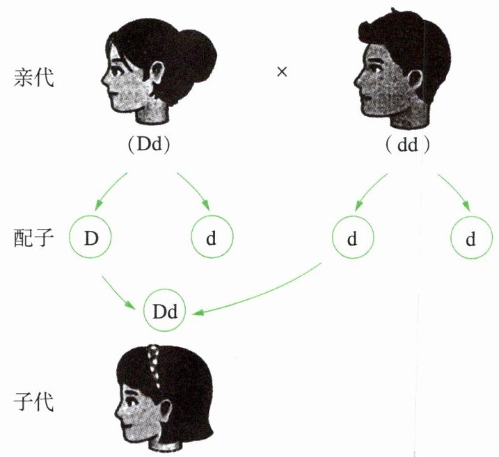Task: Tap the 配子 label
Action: pos(33,238)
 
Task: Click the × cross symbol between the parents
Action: pos(282,72)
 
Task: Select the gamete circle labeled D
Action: pos(90,238)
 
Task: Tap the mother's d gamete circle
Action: pos(212,239)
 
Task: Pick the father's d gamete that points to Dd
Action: pos(352,239)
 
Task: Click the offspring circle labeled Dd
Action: pos(165,313)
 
